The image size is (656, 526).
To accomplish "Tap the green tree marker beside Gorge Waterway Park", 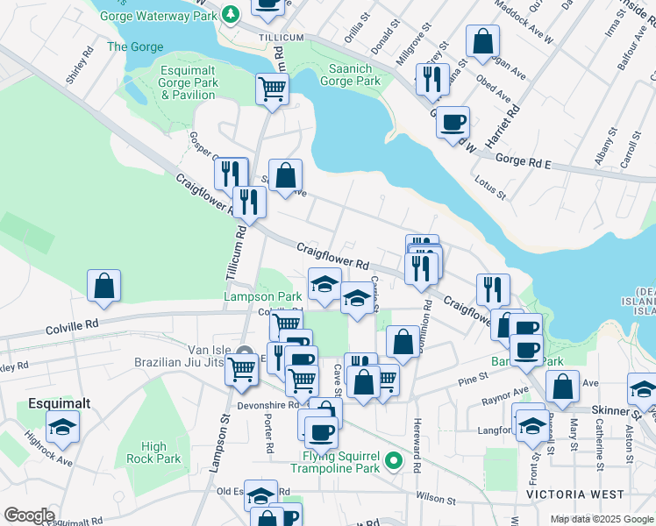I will pyautogui.click(x=230, y=14).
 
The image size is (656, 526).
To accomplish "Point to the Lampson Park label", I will pyautogui.click(x=263, y=298).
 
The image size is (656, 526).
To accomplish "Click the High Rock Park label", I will pyautogui.click(x=153, y=452).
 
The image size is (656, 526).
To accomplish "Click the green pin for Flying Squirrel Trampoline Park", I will pyautogui.click(x=395, y=458).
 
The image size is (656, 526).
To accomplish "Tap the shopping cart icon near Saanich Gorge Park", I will pyautogui.click(x=272, y=89).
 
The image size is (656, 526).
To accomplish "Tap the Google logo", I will pyautogui.click(x=29, y=515).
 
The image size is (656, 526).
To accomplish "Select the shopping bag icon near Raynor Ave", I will pyautogui.click(x=562, y=386).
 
